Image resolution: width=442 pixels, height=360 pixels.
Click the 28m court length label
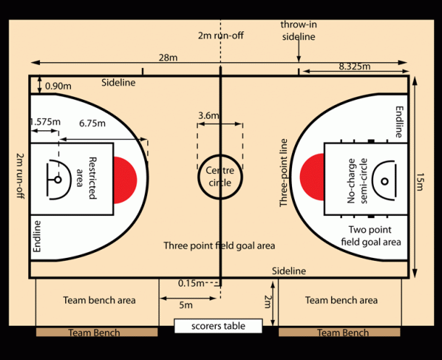(x=168, y=58)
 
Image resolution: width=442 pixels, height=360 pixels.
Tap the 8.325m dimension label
(x=354, y=67)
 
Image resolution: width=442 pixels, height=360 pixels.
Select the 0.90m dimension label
(x=58, y=86)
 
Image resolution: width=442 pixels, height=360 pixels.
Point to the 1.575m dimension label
(x=45, y=122)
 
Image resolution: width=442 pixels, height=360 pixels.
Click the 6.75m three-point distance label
(x=92, y=123)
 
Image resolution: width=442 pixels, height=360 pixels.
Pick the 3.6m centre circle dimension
(x=209, y=115)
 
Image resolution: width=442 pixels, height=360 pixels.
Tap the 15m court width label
(x=420, y=182)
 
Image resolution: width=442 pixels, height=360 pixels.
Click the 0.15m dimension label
(x=191, y=283)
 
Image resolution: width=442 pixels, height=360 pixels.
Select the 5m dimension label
(x=185, y=305)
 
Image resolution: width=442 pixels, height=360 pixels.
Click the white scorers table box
(x=218, y=326)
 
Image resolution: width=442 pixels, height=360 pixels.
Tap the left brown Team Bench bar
(x=97, y=332)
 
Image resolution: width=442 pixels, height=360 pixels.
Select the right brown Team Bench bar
(x=339, y=332)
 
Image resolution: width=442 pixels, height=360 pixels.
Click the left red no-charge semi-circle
(x=125, y=180)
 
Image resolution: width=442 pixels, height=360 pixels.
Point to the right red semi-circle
(x=312, y=177)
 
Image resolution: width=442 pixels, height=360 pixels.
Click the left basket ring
(x=58, y=180)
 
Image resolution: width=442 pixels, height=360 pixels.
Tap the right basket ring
(x=385, y=181)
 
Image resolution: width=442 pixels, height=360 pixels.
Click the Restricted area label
(x=87, y=178)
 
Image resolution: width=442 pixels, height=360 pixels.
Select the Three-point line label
(x=283, y=172)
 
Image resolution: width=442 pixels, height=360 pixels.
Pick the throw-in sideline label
(x=299, y=30)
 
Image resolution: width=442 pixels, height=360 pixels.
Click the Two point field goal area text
(x=371, y=236)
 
